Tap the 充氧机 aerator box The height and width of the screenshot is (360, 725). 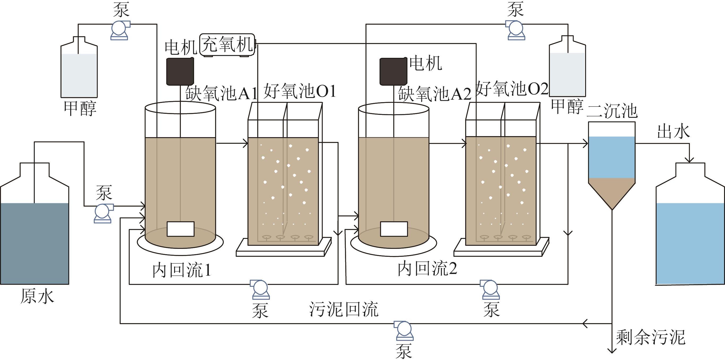[x=227, y=45]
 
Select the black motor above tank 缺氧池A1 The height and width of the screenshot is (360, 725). [x=180, y=71]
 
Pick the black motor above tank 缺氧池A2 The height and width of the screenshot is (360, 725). [x=393, y=71]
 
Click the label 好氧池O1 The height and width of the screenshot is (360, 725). [x=299, y=91]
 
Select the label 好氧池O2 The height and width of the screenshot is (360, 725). [x=512, y=89]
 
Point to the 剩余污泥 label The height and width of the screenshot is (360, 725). [x=650, y=337]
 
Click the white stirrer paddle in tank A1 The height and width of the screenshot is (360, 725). [x=180, y=229]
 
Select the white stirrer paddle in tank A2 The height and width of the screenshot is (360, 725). [x=394, y=229]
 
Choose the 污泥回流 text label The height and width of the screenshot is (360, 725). [x=344, y=309]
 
